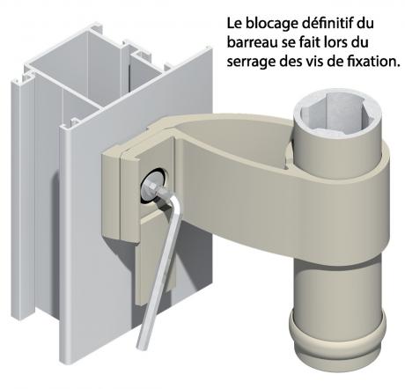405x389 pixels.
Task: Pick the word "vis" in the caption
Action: pos(320,62)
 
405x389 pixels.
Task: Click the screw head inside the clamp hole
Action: pos(153,187)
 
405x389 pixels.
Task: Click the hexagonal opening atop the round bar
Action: pos(338,114)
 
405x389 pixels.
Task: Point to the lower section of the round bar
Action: pos(337,288)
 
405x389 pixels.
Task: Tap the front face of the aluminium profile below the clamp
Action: pos(97,293)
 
